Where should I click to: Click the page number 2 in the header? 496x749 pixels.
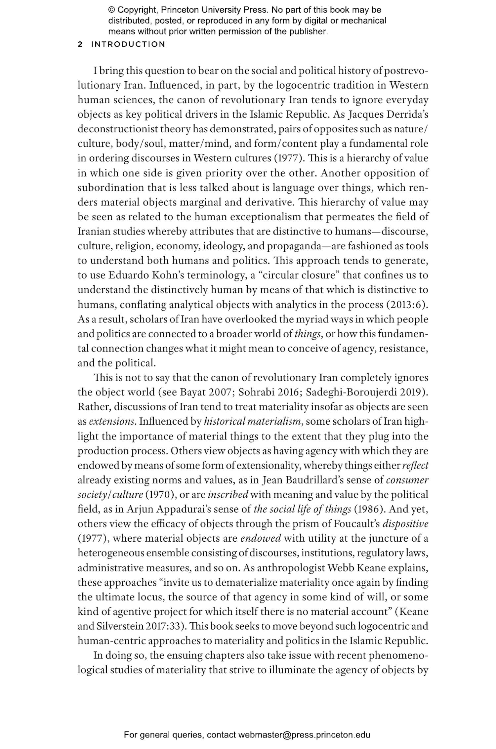click(x=80, y=44)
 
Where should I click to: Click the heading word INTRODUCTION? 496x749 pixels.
click(x=128, y=44)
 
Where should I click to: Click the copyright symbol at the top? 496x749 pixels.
click(x=111, y=10)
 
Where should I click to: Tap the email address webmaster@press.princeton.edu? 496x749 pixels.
click(x=304, y=735)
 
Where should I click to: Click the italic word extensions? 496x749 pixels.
click(x=111, y=421)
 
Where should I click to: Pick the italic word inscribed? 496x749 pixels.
click(x=227, y=494)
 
